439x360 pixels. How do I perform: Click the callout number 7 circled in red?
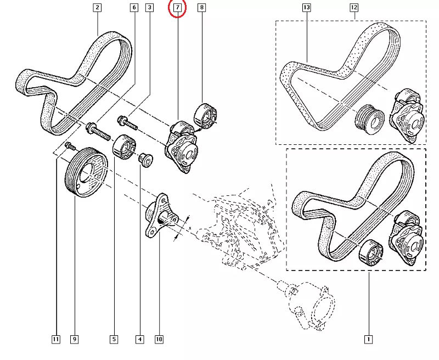177,8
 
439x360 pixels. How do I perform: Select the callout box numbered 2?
97,8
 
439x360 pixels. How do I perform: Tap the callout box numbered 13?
307,8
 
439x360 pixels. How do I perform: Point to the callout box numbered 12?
354,8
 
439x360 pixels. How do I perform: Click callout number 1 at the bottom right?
368,340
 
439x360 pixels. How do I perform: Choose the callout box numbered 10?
159,340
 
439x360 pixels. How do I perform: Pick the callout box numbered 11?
56,340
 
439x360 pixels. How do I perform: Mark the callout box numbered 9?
74,340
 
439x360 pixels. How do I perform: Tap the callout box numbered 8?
201,8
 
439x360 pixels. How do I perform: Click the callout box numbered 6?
134,8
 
